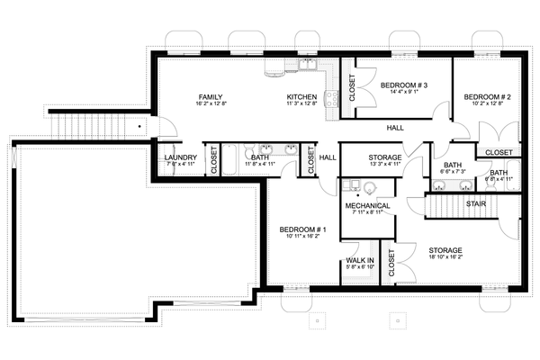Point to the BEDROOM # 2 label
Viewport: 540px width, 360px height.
(x=487, y=95)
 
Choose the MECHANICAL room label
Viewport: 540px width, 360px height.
(x=367, y=206)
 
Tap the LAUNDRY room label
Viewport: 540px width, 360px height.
(x=181, y=157)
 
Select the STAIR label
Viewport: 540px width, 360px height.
(x=477, y=203)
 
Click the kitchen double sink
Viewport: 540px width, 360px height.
(x=308, y=67)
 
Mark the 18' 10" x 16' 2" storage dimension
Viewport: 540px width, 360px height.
(x=445, y=257)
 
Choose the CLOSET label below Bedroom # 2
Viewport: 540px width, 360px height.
(x=499, y=152)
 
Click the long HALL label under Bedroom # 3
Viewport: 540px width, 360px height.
(x=395, y=127)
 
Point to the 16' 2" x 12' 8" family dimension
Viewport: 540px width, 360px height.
(x=211, y=104)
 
